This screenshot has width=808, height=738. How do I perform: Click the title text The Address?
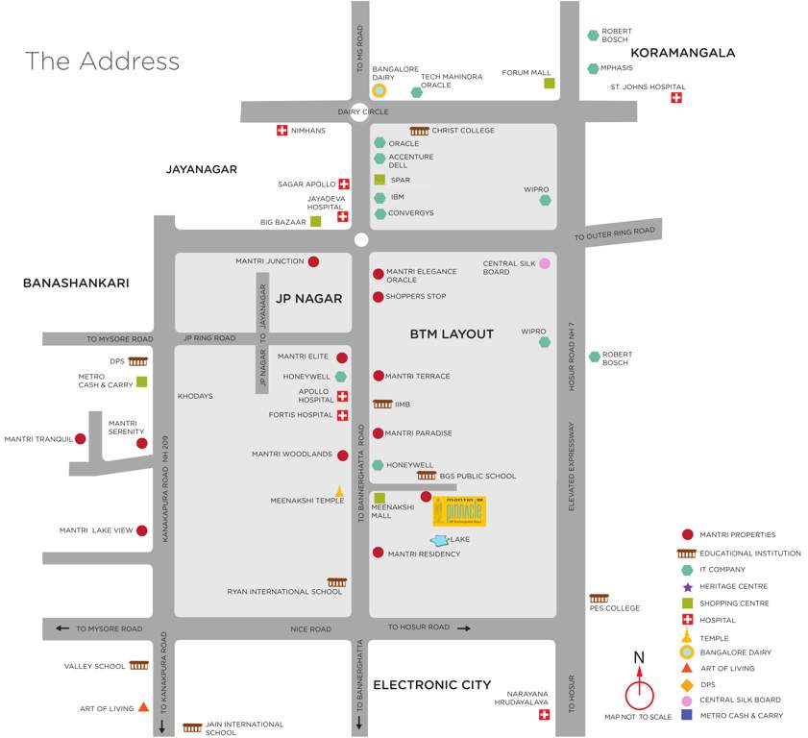102,61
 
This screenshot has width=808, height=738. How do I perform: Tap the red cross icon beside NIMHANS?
282,130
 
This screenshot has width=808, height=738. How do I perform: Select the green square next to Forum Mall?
550,84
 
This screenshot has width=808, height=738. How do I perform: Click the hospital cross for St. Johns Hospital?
676,98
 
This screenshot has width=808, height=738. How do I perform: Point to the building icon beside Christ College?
419,131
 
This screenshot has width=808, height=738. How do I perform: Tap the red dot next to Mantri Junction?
313,261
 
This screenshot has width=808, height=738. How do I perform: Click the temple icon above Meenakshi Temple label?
339,491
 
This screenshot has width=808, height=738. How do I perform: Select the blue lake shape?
439,541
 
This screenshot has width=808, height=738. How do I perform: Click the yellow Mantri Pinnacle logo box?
459,510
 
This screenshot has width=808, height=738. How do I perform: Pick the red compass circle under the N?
639,694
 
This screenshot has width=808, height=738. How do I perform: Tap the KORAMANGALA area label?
682,53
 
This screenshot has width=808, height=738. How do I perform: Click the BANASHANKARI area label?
76,283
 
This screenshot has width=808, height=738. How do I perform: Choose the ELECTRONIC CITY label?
431,685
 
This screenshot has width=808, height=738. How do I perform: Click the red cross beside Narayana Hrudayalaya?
545,715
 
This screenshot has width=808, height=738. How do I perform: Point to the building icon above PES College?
599,598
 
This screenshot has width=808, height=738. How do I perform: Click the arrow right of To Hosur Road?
463,627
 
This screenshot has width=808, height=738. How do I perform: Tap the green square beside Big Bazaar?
315,222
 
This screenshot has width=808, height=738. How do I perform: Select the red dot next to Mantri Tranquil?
81,439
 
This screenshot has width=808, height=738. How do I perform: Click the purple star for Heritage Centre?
687,586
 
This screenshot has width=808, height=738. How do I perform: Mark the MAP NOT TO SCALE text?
637,717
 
